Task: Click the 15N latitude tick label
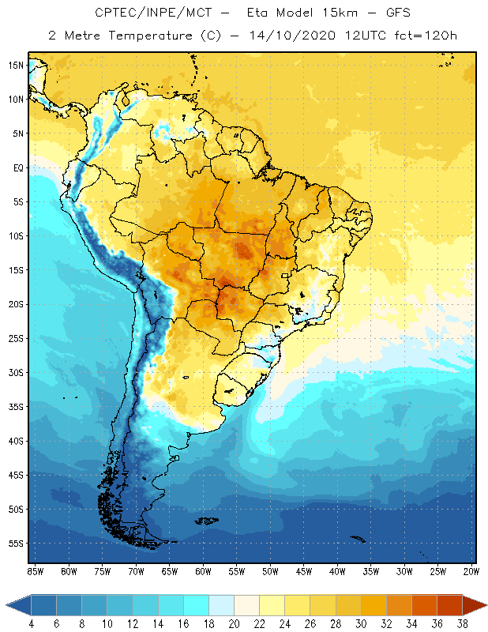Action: [15, 65]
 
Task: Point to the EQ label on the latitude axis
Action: [17, 167]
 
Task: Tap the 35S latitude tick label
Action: [15, 407]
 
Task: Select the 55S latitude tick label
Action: [15, 544]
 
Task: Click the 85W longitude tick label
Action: [35, 571]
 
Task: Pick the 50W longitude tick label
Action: [270, 571]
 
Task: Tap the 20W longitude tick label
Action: [471, 571]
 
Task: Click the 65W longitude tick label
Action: [169, 571]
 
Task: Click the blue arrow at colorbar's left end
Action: [18, 605]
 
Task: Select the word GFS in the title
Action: [380, 13]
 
